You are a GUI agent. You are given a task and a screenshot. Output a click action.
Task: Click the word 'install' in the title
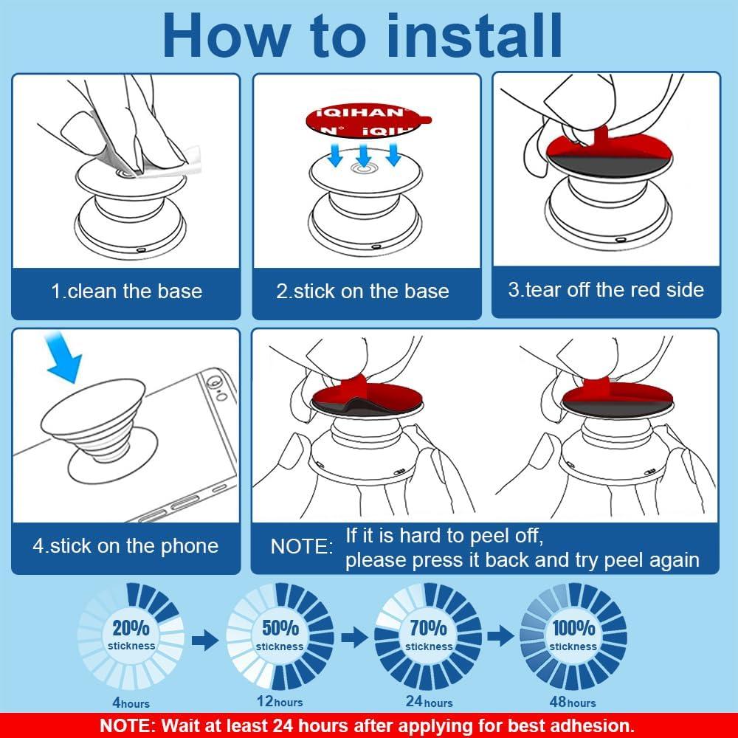pyautogui.click(x=475, y=35)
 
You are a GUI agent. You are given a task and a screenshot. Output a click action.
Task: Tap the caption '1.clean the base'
pyautogui.click(x=127, y=292)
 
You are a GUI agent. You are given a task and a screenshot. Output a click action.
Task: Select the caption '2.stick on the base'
pyautogui.click(x=362, y=292)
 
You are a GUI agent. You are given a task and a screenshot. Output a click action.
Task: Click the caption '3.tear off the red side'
pyautogui.click(x=606, y=289)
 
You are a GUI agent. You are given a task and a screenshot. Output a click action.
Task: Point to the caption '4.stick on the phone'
pyautogui.click(x=125, y=546)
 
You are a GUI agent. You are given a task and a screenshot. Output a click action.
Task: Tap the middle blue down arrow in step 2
pyautogui.click(x=364, y=155)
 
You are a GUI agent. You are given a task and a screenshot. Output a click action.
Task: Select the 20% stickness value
pyautogui.click(x=131, y=628)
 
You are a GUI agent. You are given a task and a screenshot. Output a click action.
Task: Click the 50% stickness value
pyautogui.click(x=280, y=628)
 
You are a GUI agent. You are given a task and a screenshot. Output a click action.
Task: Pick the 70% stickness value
pyautogui.click(x=428, y=628)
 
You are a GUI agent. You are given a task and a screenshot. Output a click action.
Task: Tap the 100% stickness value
pyautogui.click(x=573, y=628)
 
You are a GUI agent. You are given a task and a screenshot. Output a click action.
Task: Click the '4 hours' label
pyautogui.click(x=131, y=703)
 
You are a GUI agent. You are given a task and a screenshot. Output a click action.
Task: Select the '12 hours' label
pyautogui.click(x=280, y=702)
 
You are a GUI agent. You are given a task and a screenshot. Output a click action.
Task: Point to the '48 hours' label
pyautogui.click(x=573, y=703)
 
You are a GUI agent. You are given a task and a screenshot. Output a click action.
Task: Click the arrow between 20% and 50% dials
pyautogui.click(x=205, y=640)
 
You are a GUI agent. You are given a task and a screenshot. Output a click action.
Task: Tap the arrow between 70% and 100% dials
pyautogui.click(x=501, y=637)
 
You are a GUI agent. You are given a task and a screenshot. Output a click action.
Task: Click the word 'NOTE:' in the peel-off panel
pyautogui.click(x=302, y=547)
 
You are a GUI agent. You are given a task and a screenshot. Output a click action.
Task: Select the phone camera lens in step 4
pyautogui.click(x=213, y=381)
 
